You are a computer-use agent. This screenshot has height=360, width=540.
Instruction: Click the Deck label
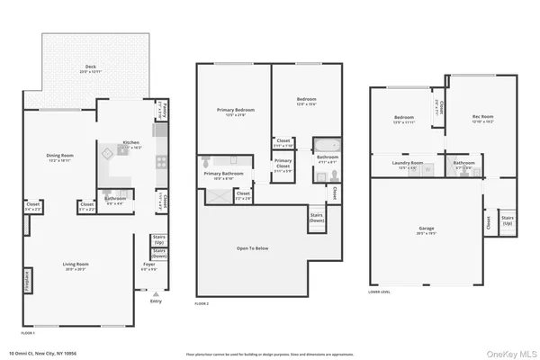click(x=91, y=67)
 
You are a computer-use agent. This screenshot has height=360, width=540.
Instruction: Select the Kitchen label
click(x=131, y=144)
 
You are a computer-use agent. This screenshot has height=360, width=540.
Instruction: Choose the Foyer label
click(x=149, y=266)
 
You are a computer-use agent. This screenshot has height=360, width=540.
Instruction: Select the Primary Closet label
click(x=283, y=163)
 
